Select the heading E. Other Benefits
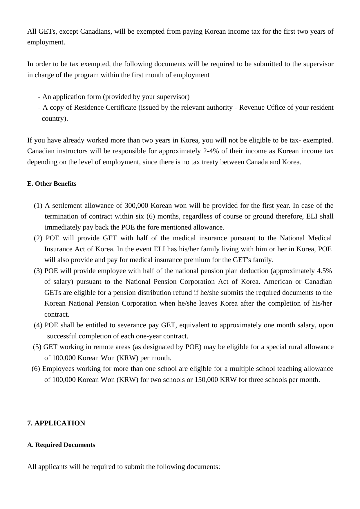[x=52, y=184]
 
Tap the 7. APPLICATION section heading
[x=56, y=423]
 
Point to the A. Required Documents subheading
[x=61, y=445]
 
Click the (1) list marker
[x=38, y=206]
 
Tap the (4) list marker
[x=38, y=325]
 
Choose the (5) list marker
[x=37, y=347]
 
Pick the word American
[x=278, y=282]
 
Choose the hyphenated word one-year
[x=148, y=336]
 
